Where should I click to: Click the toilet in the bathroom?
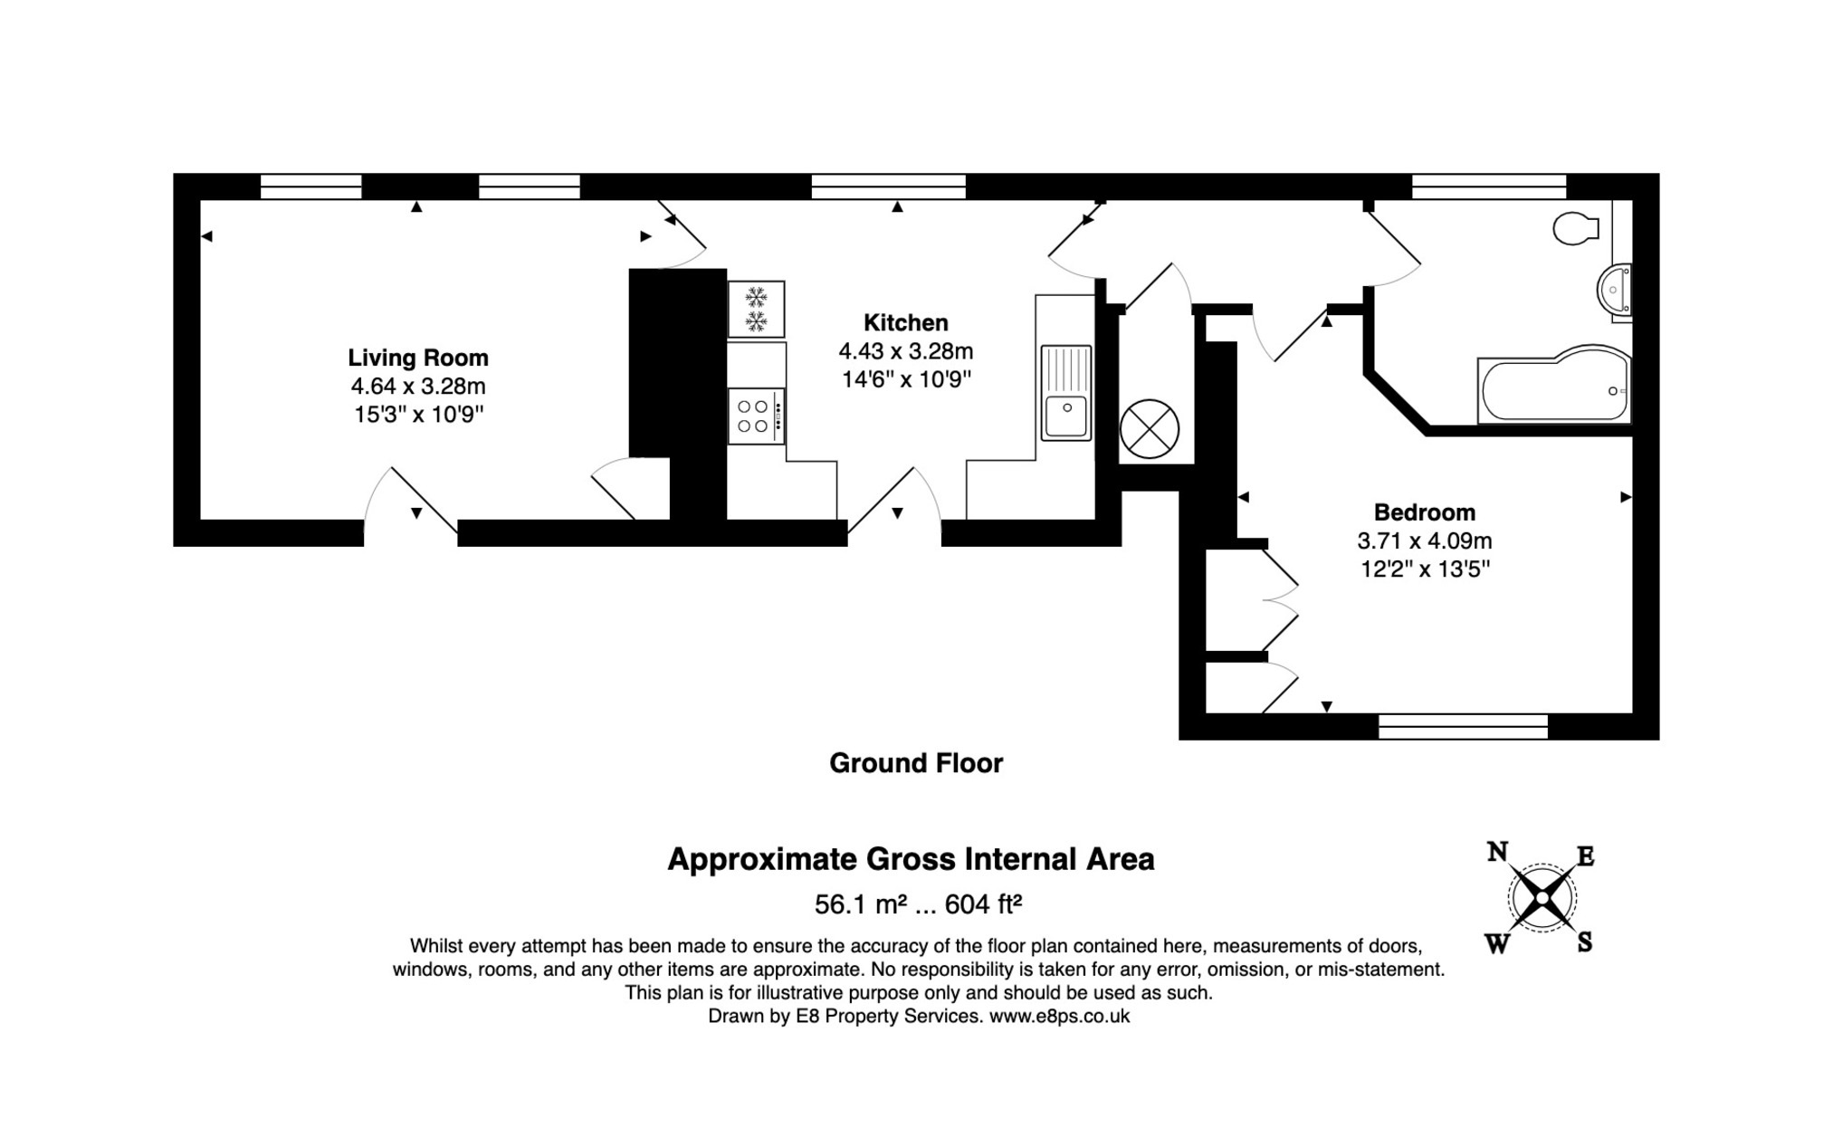click(x=1575, y=228)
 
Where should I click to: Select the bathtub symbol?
click(x=1553, y=389)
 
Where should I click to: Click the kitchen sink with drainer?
click(x=1065, y=393)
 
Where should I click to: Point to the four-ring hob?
click(x=755, y=416)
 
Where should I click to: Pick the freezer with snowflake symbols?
click(x=756, y=309)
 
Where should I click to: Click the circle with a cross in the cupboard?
click(x=1149, y=429)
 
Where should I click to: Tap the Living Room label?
click(x=418, y=358)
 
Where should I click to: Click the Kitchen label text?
click(x=905, y=323)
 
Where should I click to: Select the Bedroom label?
click(x=1424, y=512)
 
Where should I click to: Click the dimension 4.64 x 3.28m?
click(x=418, y=387)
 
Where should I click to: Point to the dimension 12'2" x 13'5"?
click(x=1425, y=569)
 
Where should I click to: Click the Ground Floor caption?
click(x=915, y=763)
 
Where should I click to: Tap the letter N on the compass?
click(x=1497, y=852)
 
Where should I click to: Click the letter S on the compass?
click(x=1584, y=942)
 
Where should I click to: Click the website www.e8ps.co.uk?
click(x=1059, y=1016)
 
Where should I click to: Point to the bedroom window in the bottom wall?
click(x=1463, y=726)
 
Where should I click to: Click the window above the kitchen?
click(x=888, y=186)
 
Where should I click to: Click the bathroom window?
click(x=1488, y=186)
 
